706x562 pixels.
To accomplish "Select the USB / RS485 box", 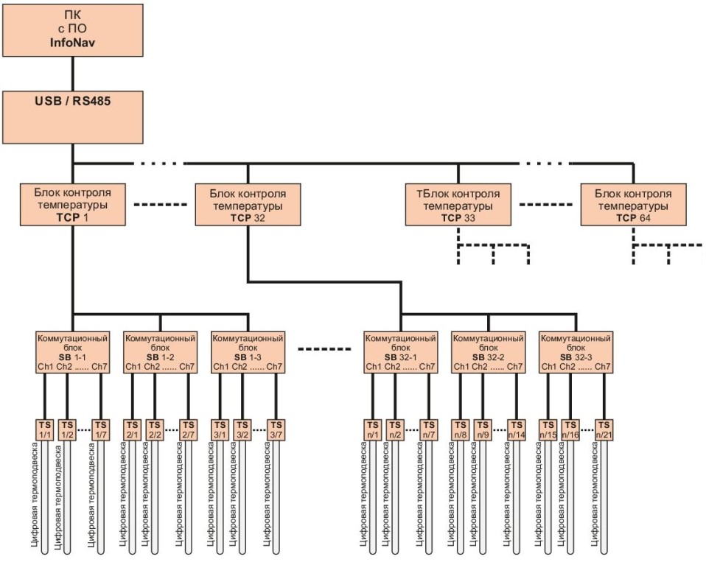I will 72,116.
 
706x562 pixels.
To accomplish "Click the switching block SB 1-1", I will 72,352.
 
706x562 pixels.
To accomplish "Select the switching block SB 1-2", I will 161,352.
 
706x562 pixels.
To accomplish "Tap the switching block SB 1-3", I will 248,352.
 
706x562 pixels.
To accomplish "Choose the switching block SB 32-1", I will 399,352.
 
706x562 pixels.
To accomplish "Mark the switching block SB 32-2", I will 488,352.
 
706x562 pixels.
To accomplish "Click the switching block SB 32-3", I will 576,352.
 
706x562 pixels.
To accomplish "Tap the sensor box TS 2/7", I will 189,429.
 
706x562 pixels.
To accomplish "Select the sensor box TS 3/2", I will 242,429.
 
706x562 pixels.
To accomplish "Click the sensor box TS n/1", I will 372,429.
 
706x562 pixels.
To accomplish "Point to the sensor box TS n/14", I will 516,429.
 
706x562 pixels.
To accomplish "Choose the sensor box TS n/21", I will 604,429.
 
